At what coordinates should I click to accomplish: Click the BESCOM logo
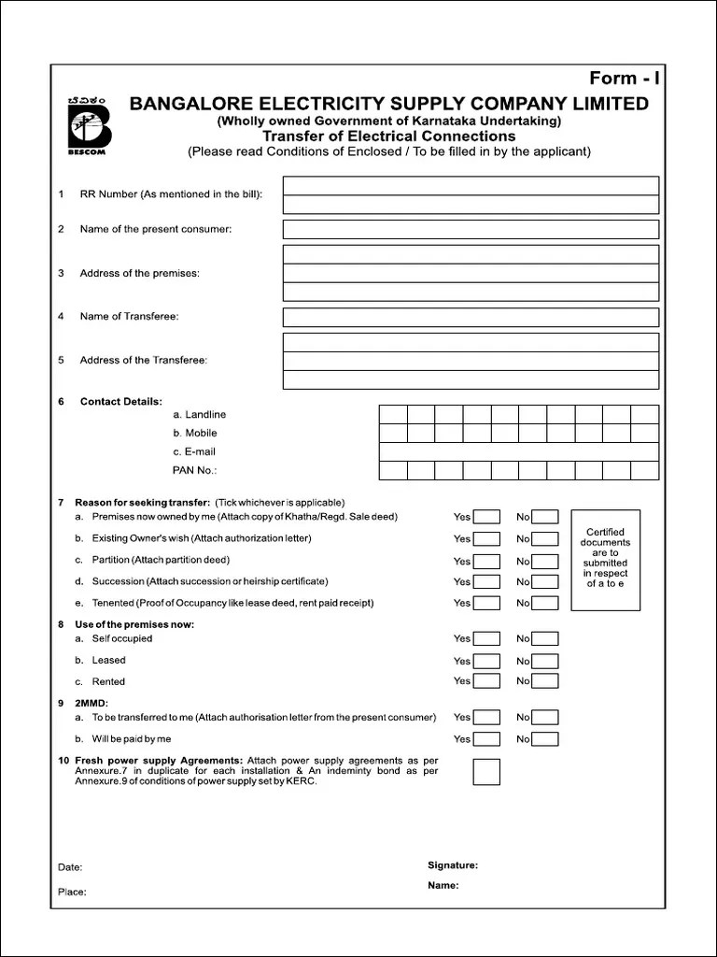pos(90,124)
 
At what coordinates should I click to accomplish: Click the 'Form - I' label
pos(624,79)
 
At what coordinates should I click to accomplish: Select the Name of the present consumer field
pos(471,229)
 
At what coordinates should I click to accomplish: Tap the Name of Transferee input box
pos(471,317)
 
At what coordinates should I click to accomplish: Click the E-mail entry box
pos(518,451)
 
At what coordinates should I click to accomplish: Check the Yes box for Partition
pos(486,561)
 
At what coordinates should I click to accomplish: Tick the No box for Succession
pos(545,581)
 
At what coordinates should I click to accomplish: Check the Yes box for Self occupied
pos(486,639)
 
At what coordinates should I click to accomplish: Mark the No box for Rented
pos(545,681)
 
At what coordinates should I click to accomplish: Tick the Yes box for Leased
pos(486,661)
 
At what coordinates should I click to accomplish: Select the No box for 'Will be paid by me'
pos(545,739)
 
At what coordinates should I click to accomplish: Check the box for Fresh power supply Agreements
pos(486,772)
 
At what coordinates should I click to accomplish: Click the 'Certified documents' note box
pos(605,559)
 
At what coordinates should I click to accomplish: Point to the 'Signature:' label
pos(453,865)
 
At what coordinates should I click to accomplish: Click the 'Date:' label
pos(70,867)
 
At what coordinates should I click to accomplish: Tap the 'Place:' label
pos(72,892)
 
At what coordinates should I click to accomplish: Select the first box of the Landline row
pos(393,414)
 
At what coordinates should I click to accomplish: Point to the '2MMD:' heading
pos(91,702)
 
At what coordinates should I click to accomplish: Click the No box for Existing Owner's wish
pos(545,538)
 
